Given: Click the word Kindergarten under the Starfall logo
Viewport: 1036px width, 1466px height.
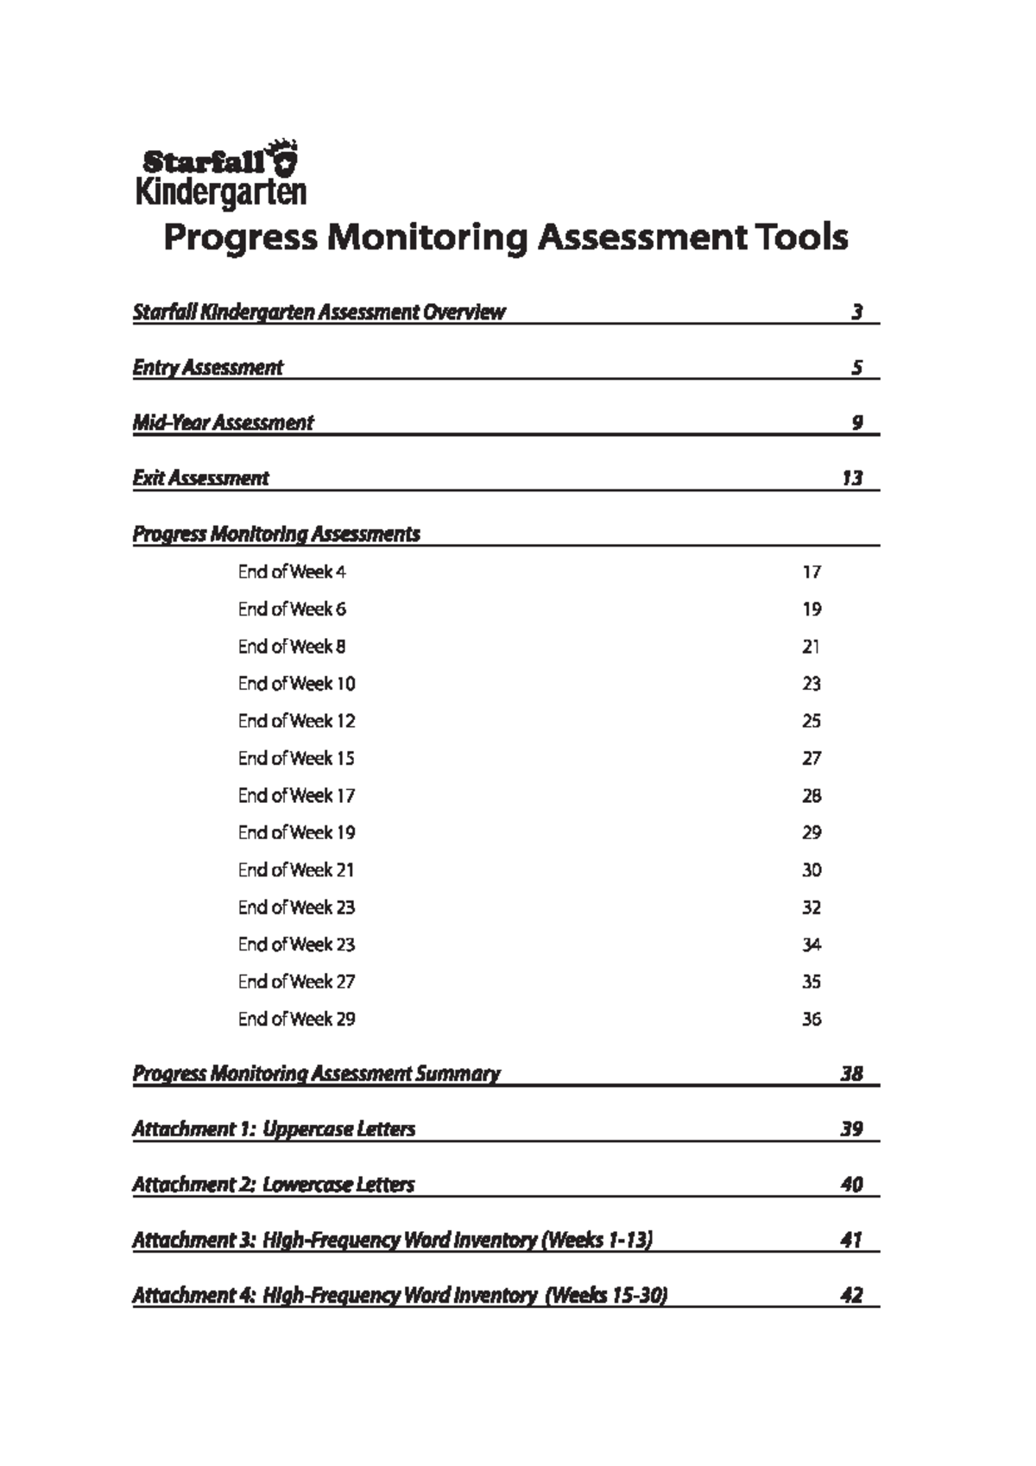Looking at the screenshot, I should pyautogui.click(x=221, y=192).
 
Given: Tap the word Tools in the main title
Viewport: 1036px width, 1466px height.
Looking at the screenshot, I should pyautogui.click(x=800, y=237).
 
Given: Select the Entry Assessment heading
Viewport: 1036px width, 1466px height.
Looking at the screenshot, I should pyautogui.click(x=207, y=368).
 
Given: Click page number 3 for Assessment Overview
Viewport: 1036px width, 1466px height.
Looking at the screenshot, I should pyautogui.click(x=856, y=313).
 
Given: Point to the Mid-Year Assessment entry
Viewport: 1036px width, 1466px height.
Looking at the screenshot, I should pyautogui.click(x=223, y=423).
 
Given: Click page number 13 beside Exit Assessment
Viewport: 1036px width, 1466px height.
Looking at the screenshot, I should pyautogui.click(x=851, y=478).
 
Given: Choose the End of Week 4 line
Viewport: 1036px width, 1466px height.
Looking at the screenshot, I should pyautogui.click(x=292, y=572).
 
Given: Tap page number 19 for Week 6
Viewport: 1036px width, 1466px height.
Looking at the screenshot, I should pyautogui.click(x=811, y=610).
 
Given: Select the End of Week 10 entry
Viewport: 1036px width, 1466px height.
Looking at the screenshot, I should pyautogui.click(x=296, y=684).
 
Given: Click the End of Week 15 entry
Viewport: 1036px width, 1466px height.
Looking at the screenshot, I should pyautogui.click(x=296, y=758).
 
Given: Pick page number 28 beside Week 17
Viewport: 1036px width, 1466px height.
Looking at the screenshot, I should pyautogui.click(x=811, y=796).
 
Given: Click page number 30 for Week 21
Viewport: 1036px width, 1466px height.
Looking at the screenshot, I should pyautogui.click(x=811, y=870).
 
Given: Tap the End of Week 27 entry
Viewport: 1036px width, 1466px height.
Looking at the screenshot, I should pyautogui.click(x=296, y=982).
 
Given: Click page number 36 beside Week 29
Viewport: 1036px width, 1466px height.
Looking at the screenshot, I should pyautogui.click(x=811, y=1020).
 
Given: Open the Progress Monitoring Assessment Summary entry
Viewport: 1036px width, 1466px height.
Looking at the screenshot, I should pyautogui.click(x=316, y=1074).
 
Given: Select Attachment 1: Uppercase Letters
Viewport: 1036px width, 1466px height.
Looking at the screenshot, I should pyautogui.click(x=274, y=1129).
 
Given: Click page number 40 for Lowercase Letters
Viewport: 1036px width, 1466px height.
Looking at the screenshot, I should pyautogui.click(x=851, y=1185).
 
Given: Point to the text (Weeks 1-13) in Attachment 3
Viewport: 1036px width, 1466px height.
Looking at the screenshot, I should pyautogui.click(x=597, y=1240).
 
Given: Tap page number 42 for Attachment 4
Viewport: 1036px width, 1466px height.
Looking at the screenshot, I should pyautogui.click(x=851, y=1295).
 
